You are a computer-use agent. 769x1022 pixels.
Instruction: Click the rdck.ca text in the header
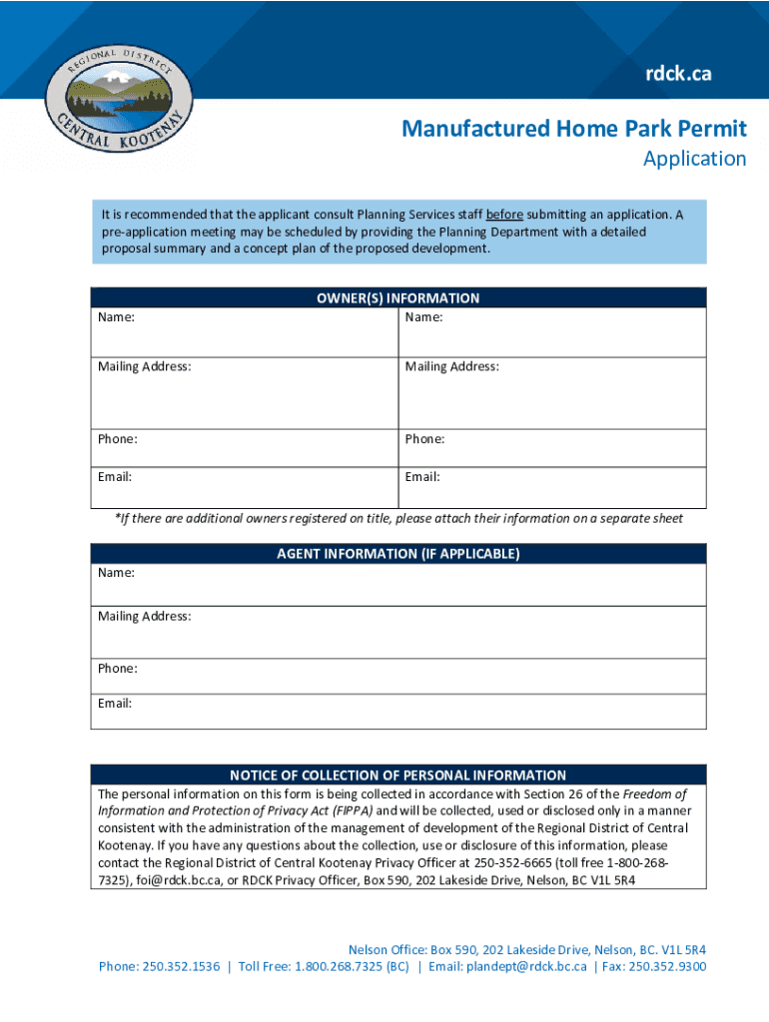coord(678,73)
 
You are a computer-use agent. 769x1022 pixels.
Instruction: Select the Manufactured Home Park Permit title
coord(573,129)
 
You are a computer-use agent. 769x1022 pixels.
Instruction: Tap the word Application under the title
coord(694,159)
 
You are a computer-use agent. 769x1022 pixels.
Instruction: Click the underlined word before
coord(504,215)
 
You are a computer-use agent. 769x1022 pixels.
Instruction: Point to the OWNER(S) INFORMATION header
coord(398,297)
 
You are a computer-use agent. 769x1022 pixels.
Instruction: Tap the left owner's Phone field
coord(244,448)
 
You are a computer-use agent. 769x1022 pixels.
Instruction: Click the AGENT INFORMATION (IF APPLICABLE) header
coord(398,554)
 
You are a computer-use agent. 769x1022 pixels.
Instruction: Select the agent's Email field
coord(398,712)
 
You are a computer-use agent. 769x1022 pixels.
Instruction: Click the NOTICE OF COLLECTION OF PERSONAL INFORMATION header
coord(398,775)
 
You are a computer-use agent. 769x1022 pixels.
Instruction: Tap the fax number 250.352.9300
coord(672,966)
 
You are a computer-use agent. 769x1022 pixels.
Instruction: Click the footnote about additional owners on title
coord(398,519)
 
